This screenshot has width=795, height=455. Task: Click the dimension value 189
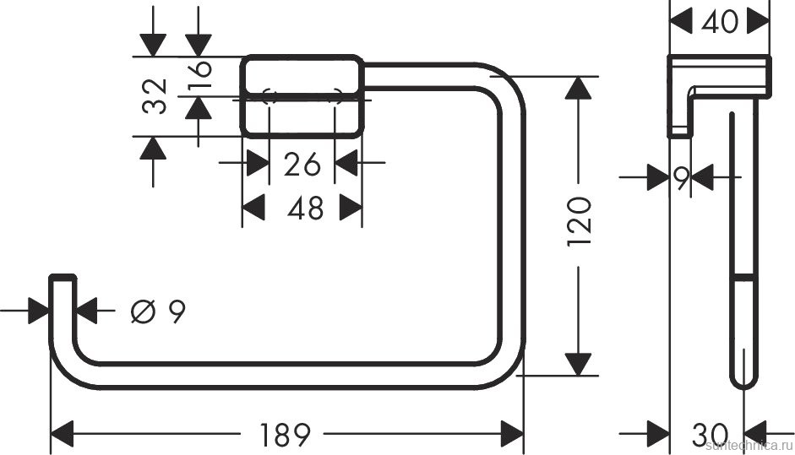(x=285, y=435)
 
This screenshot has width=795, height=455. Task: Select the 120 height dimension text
(x=579, y=221)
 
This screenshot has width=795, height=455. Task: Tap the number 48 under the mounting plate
(x=304, y=207)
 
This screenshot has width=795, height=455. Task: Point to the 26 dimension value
(x=302, y=165)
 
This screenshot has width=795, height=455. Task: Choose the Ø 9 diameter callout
(x=157, y=311)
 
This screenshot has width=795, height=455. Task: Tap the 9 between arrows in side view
(x=680, y=177)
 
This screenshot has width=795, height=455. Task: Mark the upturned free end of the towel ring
(x=62, y=291)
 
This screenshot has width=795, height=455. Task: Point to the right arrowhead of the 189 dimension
(x=512, y=435)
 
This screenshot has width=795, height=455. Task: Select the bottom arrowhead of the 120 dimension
(x=578, y=363)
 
